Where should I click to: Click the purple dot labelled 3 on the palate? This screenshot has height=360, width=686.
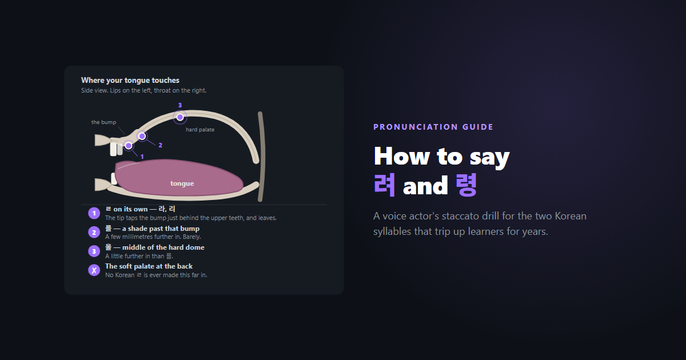click(x=180, y=117)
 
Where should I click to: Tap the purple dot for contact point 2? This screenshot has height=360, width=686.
click(x=142, y=136)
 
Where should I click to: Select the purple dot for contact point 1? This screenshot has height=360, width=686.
click(x=129, y=146)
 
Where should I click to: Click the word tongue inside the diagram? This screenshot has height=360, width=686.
click(x=182, y=183)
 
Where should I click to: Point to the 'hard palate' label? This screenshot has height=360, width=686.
click(x=200, y=130)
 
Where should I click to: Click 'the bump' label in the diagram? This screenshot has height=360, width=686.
click(x=103, y=122)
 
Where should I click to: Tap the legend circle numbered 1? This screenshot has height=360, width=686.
click(x=94, y=213)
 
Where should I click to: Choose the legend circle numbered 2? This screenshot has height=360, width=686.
click(x=94, y=233)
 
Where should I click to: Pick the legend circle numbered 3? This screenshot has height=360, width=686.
click(x=94, y=251)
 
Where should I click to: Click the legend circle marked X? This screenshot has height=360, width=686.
click(x=94, y=270)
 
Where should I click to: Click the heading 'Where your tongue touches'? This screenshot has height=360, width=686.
click(x=130, y=80)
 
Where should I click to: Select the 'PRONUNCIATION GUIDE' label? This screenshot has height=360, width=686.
click(x=433, y=127)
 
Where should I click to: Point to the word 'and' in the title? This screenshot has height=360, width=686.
click(x=425, y=186)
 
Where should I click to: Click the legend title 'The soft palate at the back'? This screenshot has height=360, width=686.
click(x=149, y=266)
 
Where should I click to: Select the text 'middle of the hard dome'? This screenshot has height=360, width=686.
click(x=163, y=247)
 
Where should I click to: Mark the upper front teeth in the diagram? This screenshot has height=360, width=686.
click(x=117, y=149)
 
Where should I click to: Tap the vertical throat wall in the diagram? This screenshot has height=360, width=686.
click(x=262, y=157)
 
